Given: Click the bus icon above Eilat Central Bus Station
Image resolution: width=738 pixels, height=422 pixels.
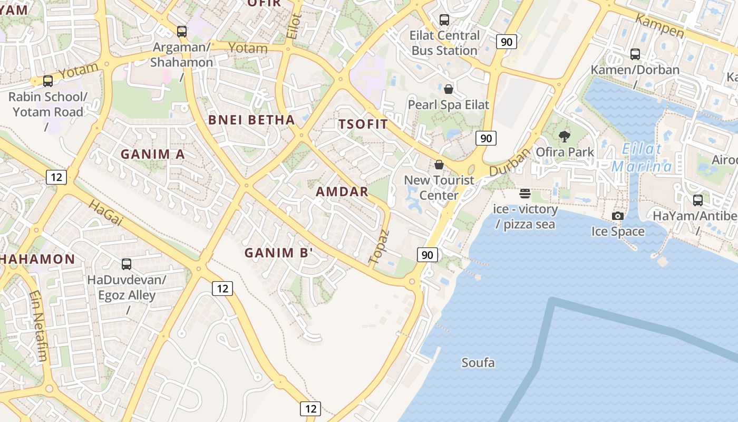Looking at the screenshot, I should pyautogui.click(x=444, y=20).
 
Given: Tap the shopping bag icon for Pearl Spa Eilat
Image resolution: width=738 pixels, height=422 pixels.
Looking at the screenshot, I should pyautogui.click(x=449, y=89).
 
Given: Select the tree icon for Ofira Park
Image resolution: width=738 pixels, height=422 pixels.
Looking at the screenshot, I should pyautogui.click(x=565, y=137).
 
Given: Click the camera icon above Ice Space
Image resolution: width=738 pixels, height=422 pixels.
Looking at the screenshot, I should pyautogui.click(x=618, y=216).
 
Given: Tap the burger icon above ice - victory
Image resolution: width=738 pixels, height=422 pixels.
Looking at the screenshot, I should pyautogui.click(x=525, y=194).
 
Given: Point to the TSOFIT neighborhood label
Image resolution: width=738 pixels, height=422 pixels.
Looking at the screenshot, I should pyautogui.click(x=363, y=124).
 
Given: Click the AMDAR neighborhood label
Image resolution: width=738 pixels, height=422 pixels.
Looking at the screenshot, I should pyautogui.click(x=342, y=191).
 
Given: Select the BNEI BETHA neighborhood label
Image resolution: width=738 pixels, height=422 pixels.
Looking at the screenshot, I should pyautogui.click(x=251, y=120).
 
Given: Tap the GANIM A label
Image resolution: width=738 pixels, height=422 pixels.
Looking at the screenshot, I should pyautogui.click(x=153, y=154).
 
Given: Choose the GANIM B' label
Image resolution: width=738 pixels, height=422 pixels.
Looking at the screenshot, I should pyautogui.click(x=279, y=253).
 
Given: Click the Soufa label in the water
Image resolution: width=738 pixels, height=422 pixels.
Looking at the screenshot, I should pyautogui.click(x=478, y=363).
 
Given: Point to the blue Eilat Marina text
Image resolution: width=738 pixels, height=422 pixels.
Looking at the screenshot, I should pyautogui.click(x=642, y=158).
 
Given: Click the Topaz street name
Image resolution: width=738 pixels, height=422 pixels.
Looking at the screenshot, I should pyautogui.click(x=379, y=247).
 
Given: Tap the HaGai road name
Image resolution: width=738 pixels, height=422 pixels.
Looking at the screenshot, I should pyautogui.click(x=105, y=213).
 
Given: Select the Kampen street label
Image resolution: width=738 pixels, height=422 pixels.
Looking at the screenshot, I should pyautogui.click(x=659, y=26).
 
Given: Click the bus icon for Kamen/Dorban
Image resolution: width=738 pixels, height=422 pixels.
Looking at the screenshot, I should pyautogui.click(x=635, y=54).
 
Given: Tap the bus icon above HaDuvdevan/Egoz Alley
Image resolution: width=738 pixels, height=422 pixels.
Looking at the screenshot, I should pyautogui.click(x=127, y=264).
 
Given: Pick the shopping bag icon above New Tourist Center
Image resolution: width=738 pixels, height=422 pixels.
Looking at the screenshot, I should pyautogui.click(x=439, y=165).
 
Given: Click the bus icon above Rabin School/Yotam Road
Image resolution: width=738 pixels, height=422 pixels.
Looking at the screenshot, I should pyautogui.click(x=48, y=81).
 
